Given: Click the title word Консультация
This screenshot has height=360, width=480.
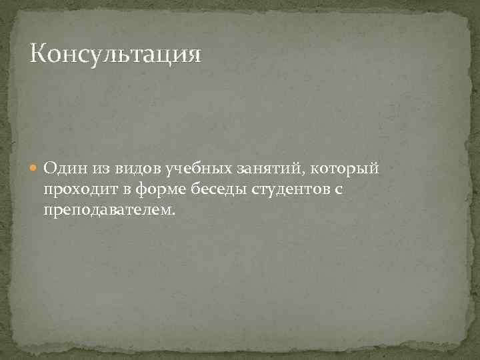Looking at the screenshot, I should click(x=115, y=53).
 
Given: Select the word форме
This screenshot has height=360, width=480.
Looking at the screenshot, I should click(x=157, y=191).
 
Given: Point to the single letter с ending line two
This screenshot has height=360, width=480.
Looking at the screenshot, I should click(x=338, y=191).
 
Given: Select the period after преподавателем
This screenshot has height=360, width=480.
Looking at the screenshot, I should click(x=175, y=215).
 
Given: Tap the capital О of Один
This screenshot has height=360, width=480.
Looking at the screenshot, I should click(x=50, y=170).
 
